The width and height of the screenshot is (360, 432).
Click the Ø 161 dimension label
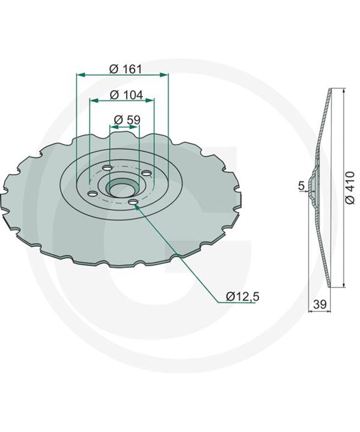point(122,68)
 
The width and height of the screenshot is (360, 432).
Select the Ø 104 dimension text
point(122,94)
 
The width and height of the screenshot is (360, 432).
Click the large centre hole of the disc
point(121,186)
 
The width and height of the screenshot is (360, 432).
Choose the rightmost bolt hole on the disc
point(147,174)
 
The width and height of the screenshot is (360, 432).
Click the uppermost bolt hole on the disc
point(107,167)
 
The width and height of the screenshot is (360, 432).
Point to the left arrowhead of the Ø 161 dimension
point(78,74)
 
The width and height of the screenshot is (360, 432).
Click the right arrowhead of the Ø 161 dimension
point(166,74)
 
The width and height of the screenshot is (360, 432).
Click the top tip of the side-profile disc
point(329,91)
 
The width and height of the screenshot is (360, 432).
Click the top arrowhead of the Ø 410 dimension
point(343,92)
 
